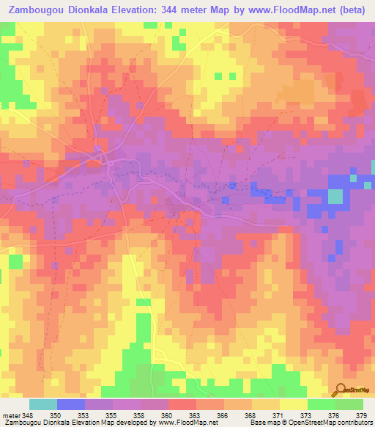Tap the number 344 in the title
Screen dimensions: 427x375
(x=177, y=10)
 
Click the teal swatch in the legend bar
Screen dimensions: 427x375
(x=43, y=404)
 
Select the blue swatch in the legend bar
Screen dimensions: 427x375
(x=71, y=404)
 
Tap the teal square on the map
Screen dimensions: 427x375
(x=335, y=197)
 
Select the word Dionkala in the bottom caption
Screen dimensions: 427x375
(x=63, y=423)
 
